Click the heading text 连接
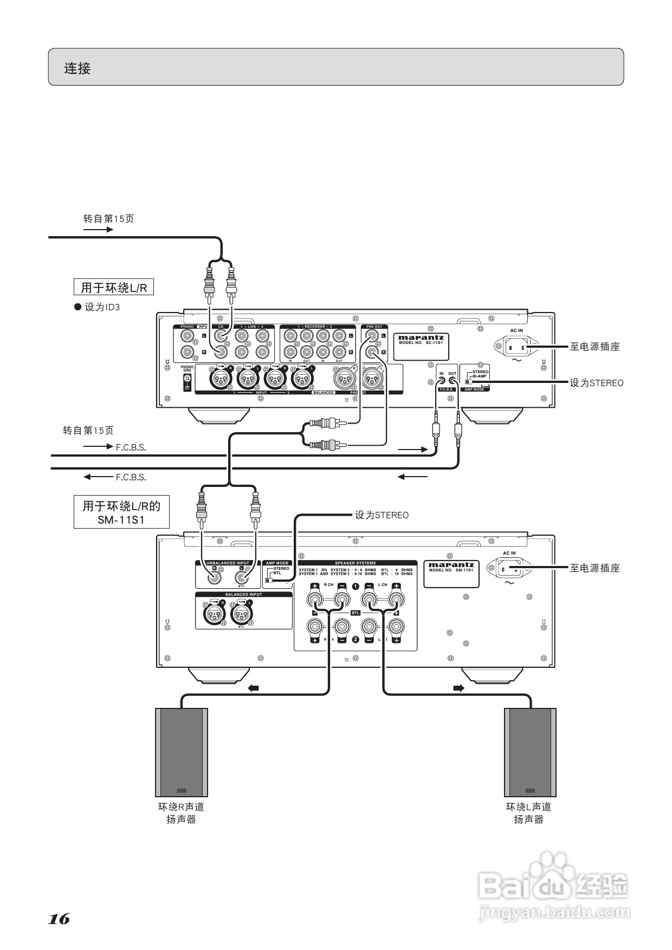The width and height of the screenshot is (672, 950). pyautogui.click(x=77, y=68)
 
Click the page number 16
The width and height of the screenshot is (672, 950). pyautogui.click(x=59, y=919)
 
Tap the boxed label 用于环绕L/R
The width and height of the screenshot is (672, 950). pyautogui.click(x=114, y=287)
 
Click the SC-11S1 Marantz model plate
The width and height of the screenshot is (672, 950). pyautogui.click(x=421, y=346)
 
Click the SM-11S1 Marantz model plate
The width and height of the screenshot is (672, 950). pyautogui.click(x=451, y=574)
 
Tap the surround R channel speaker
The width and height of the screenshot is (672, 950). pyautogui.click(x=182, y=752)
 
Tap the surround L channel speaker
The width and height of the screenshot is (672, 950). pyautogui.click(x=530, y=752)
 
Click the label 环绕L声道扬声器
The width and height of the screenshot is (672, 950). pyautogui.click(x=528, y=813)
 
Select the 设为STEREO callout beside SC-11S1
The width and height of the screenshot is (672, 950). pyautogui.click(x=596, y=383)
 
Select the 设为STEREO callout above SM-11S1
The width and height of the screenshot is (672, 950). pyautogui.click(x=382, y=515)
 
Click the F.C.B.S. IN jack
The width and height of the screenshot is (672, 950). pyautogui.click(x=441, y=381)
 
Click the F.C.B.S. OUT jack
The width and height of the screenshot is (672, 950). pyautogui.click(x=453, y=381)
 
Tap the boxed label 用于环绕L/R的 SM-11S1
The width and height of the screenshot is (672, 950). pyautogui.click(x=121, y=512)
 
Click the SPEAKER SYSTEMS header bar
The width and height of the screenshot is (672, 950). pyautogui.click(x=356, y=563)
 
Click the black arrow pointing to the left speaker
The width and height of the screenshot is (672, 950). pyautogui.click(x=253, y=688)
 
